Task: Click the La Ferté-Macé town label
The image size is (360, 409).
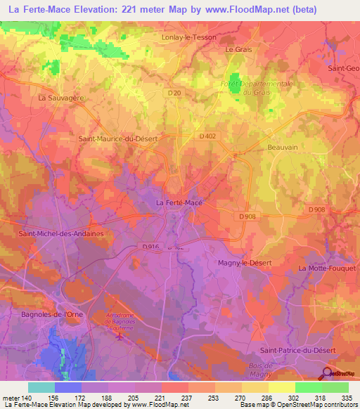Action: pyautogui.click(x=178, y=203)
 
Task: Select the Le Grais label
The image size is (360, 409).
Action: pyautogui.click(x=238, y=50)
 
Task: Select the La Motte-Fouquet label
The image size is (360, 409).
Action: pyautogui.click(x=328, y=268)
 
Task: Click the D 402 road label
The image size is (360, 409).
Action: pyautogui.click(x=207, y=136)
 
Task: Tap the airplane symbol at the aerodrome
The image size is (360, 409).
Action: pyautogui.click(x=120, y=336)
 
